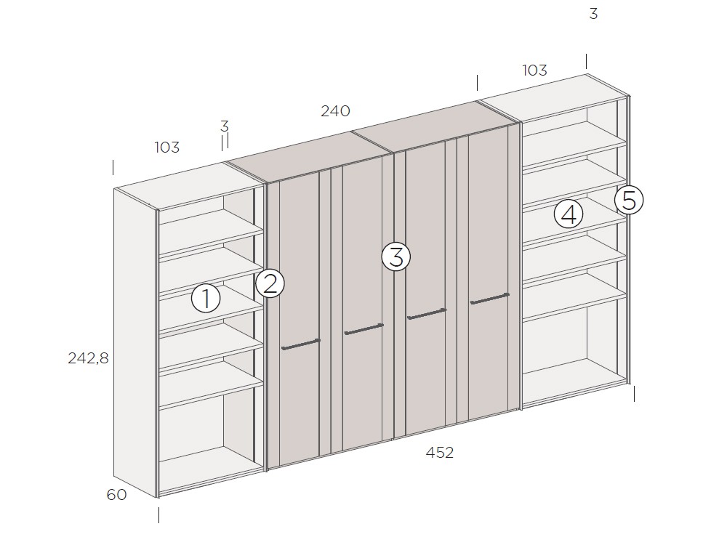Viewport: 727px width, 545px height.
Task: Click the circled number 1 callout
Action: (x=206, y=298)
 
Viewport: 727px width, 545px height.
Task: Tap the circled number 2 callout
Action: (x=270, y=283)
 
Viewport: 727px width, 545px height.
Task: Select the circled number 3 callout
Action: (x=396, y=257)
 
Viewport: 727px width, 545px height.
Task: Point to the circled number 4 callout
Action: (x=569, y=214)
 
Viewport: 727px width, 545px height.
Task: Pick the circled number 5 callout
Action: (x=629, y=201)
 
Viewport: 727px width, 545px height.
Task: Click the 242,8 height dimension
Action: (x=88, y=358)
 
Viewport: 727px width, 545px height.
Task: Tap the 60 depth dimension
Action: (x=117, y=494)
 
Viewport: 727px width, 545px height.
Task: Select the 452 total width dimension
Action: (x=440, y=452)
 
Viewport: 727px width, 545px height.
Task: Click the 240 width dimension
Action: (x=335, y=110)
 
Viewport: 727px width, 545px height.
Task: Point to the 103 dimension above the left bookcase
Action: (x=167, y=147)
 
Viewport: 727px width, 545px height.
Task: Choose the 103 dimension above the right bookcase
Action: (x=534, y=70)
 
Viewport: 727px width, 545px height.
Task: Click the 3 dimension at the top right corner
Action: (x=593, y=14)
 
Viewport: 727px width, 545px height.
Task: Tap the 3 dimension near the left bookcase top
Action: (x=225, y=126)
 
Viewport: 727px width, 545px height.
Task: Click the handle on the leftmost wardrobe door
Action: (x=301, y=344)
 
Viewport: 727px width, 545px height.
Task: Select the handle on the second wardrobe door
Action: (x=364, y=329)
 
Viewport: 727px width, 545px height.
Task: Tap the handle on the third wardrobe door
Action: (x=427, y=314)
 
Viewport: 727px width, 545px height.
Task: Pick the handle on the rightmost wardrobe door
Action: (x=489, y=299)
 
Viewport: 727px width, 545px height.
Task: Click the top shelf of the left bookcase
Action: (x=211, y=232)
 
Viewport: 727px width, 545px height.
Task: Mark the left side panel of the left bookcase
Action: (x=135, y=343)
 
